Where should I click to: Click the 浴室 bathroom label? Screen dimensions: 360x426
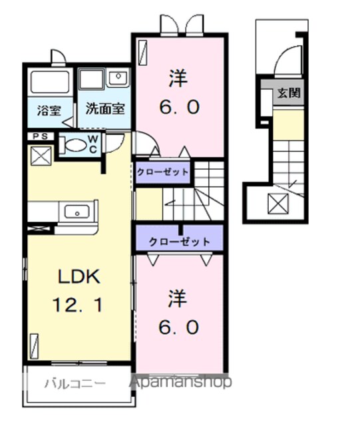click(x=49, y=110)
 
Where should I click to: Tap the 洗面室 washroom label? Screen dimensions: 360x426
click(x=105, y=108)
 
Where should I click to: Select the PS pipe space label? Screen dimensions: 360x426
click(x=41, y=136)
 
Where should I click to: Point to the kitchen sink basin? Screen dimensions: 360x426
click(x=77, y=212)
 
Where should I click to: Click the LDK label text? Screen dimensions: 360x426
click(x=79, y=277)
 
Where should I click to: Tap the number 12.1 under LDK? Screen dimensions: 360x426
click(x=78, y=305)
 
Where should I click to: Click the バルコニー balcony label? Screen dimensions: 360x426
click(x=75, y=384)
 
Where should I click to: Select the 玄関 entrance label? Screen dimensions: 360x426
click(x=289, y=93)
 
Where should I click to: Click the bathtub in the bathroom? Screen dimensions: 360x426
click(x=50, y=82)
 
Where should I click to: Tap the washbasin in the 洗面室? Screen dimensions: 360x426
click(x=118, y=77)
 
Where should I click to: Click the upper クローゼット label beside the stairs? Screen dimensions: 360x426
click(x=162, y=172)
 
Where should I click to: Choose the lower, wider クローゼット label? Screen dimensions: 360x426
click(x=179, y=242)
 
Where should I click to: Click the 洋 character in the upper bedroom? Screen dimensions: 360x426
click(x=178, y=79)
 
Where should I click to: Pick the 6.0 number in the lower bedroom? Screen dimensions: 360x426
click(x=179, y=327)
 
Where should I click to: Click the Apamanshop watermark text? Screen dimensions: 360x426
click(x=180, y=382)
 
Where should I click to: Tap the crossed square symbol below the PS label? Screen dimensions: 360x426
click(x=41, y=156)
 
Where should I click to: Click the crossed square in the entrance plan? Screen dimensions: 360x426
click(x=278, y=204)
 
